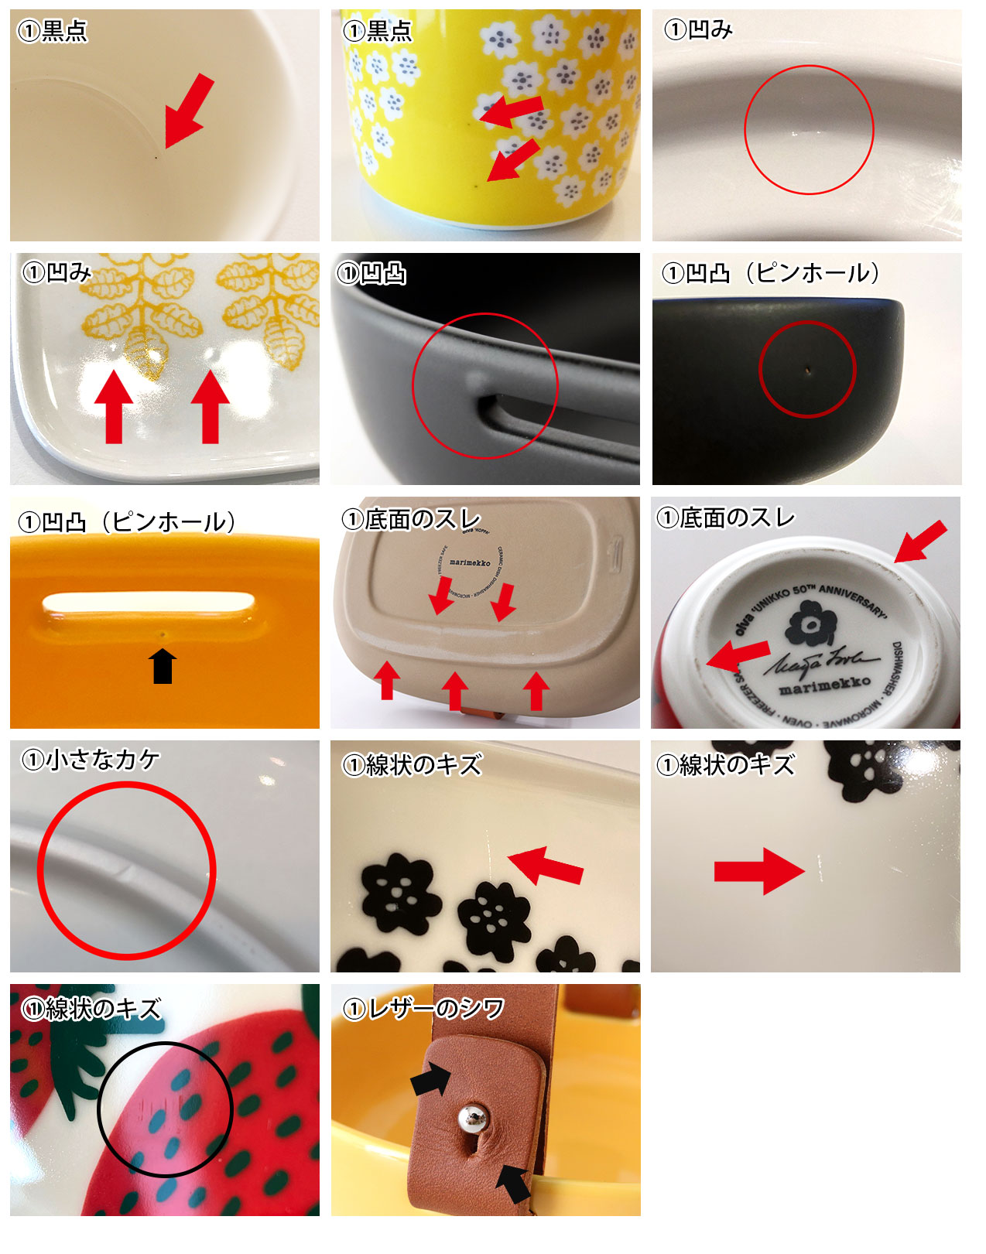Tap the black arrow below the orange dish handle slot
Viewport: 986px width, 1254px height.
(x=163, y=666)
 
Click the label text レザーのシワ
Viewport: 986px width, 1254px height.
(x=424, y=1009)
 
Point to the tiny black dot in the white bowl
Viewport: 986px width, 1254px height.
(x=156, y=158)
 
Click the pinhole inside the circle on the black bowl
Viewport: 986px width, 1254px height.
(x=807, y=370)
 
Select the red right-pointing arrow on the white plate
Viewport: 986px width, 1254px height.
(x=758, y=871)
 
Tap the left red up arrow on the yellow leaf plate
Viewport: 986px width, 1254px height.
(x=114, y=405)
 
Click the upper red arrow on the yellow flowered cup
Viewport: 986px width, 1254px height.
(x=512, y=110)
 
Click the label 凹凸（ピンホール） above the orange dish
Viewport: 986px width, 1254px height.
(x=127, y=522)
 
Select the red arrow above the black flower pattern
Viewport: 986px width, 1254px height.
(x=546, y=865)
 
